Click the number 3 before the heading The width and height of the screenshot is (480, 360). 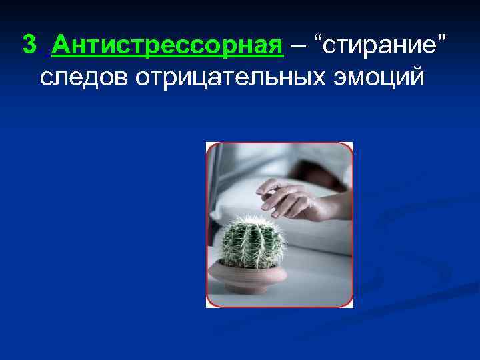pyautogui.click(x=29, y=45)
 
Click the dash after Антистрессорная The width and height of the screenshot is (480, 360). pyautogui.click(x=294, y=47)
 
